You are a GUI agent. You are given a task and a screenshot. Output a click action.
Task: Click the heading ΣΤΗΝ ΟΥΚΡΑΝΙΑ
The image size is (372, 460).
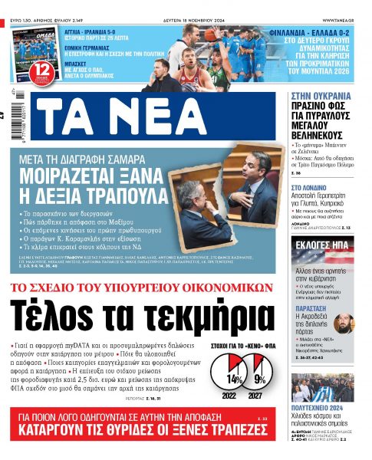pos(322,97)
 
